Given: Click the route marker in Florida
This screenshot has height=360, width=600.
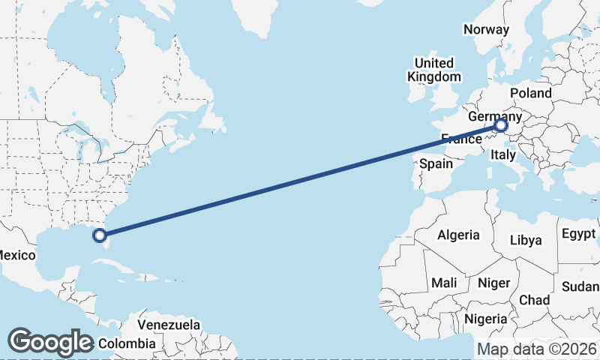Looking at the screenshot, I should tap(99, 235).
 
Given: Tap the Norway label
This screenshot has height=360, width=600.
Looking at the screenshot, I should tap(486, 29).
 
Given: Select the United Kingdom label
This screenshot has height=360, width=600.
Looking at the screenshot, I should tap(434, 70).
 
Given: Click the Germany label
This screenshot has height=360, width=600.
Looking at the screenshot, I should tap(494, 117).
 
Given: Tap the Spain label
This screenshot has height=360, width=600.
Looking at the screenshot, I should tap(436, 163).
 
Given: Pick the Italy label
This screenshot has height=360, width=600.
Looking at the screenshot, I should tap(502, 154).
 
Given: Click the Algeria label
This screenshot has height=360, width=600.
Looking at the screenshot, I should tap(458, 235).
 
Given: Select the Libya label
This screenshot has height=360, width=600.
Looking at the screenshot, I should tap(525, 240).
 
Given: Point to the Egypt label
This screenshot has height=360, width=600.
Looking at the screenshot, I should tap(577, 233).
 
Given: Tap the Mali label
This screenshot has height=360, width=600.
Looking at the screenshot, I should tap(444, 283).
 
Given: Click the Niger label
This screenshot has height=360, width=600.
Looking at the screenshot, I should tap(493, 283).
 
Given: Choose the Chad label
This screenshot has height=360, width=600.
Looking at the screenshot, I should tap(534, 300).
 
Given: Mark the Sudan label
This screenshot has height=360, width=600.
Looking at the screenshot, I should tap(580, 286).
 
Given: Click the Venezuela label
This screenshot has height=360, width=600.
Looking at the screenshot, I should tap(169, 325).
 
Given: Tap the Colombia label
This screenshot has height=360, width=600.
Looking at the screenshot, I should tap(127, 343).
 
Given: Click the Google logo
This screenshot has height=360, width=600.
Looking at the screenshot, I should tap(50, 342).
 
